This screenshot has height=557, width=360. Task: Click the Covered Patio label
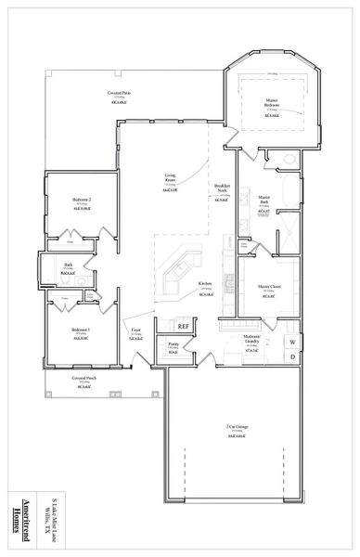click(x=118, y=93)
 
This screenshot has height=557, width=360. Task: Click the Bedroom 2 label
click(x=81, y=200)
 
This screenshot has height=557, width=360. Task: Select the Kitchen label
click(x=204, y=284)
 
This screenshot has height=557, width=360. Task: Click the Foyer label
click(x=135, y=330)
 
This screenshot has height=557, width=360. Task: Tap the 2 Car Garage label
click(x=237, y=427)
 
